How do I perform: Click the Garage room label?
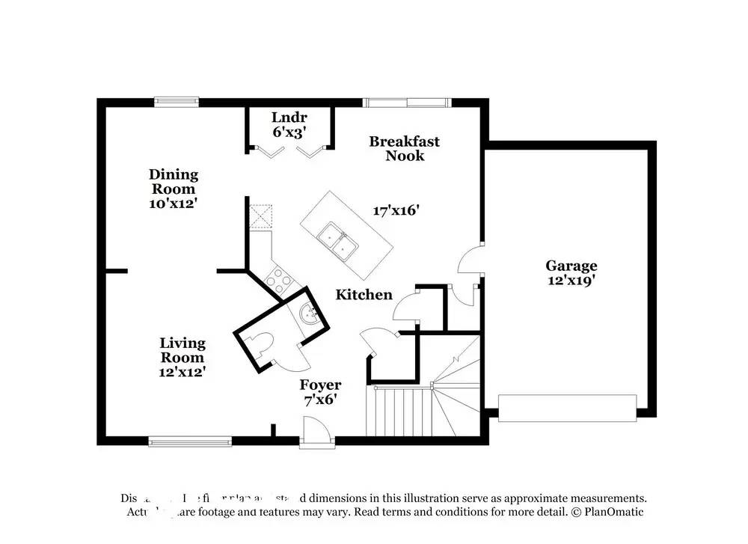click(x=571, y=266)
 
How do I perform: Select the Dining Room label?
click(x=174, y=182)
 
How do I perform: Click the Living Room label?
click(x=183, y=350)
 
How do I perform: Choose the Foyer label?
click(x=321, y=385)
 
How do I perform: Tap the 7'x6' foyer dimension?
click(x=321, y=400)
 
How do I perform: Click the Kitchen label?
click(x=364, y=295)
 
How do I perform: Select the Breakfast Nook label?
click(x=404, y=148)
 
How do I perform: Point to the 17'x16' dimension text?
click(x=396, y=211)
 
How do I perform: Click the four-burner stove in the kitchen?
click(x=278, y=281)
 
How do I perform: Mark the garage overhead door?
click(x=567, y=409)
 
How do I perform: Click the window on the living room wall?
click(x=189, y=440)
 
